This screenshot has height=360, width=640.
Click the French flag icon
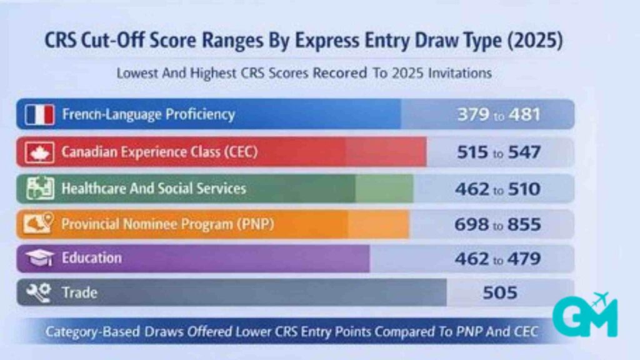point(40,115)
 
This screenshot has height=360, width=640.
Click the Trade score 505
point(500,292)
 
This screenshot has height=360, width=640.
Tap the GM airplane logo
point(584,316)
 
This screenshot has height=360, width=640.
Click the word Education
point(92,257)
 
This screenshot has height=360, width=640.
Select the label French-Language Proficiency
point(148,115)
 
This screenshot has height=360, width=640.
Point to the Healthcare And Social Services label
point(154,188)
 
